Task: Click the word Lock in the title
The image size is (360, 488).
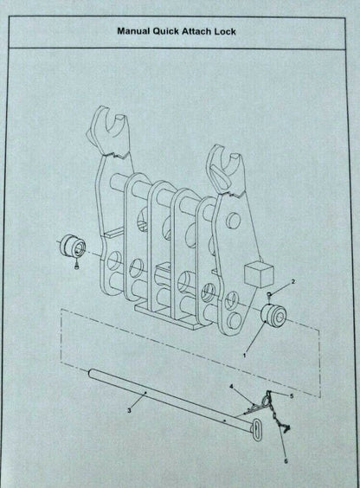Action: pyautogui.click(x=225, y=31)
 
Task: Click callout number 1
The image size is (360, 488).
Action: pyautogui.click(x=245, y=355)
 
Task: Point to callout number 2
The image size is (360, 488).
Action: pyautogui.click(x=292, y=282)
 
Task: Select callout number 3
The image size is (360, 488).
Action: pyautogui.click(x=129, y=410)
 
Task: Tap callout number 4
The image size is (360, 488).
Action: pyautogui.click(x=231, y=387)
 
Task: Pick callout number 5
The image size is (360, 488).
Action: pyautogui.click(x=292, y=396)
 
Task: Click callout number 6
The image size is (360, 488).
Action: pyautogui.click(x=286, y=461)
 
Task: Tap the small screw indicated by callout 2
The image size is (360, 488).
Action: pyautogui.click(x=269, y=294)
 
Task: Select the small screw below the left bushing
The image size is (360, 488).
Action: pyautogui.click(x=76, y=266)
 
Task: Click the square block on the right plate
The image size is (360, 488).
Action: pyautogui.click(x=260, y=274)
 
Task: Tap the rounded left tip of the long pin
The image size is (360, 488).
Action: pyautogui.click(x=90, y=373)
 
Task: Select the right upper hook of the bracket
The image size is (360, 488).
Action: pyautogui.click(x=225, y=171)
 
